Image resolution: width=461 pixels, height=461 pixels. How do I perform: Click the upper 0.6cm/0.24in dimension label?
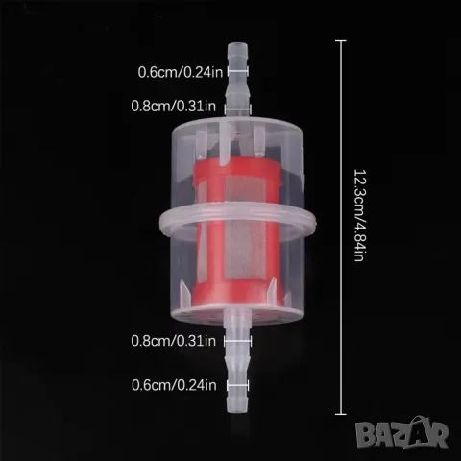(x=181, y=72)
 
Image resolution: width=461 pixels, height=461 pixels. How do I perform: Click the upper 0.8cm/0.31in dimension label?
(x=174, y=106)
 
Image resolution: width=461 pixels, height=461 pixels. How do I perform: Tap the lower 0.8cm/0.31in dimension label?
(x=174, y=341)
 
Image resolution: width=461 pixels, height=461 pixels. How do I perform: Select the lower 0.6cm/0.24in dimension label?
(x=174, y=385)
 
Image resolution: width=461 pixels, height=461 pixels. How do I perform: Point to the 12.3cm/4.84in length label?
(x=359, y=215)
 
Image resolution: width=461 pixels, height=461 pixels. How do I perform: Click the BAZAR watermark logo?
(x=402, y=432)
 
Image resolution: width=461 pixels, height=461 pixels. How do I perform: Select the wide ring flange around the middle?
(x=237, y=221)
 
